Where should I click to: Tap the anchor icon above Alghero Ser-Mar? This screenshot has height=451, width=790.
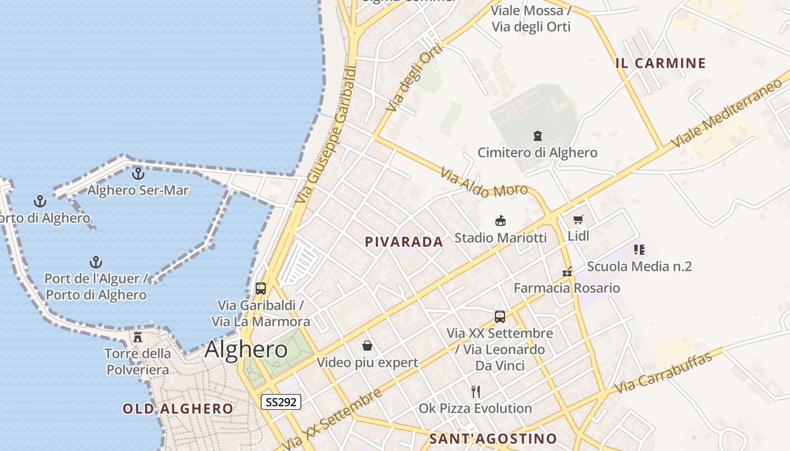[138, 174]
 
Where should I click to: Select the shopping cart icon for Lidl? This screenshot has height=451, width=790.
[578, 219]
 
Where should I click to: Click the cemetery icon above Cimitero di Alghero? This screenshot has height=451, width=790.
[537, 136]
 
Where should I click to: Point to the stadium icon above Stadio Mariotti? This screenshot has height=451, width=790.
[500, 220]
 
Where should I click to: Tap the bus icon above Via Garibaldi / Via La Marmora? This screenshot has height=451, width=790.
[260, 289]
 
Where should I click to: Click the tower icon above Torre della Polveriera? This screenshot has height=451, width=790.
[138, 337]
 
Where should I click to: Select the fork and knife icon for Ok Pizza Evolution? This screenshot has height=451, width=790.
[476, 391]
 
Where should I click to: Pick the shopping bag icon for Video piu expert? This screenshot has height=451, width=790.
[367, 345]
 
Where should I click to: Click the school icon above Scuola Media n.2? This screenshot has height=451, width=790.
[639, 249]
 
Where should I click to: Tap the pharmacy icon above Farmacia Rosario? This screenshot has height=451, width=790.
[567, 272]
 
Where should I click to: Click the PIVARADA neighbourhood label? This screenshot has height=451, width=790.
[404, 242]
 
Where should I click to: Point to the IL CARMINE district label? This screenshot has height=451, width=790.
[661, 63]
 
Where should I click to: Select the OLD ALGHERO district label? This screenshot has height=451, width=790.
[178, 409]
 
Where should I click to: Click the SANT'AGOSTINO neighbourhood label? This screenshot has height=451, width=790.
[493, 439]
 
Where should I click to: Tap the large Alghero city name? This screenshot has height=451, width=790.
[246, 350]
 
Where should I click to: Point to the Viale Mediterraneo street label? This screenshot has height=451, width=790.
[727, 113]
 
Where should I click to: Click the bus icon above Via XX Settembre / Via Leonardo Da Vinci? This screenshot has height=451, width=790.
[500, 316]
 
